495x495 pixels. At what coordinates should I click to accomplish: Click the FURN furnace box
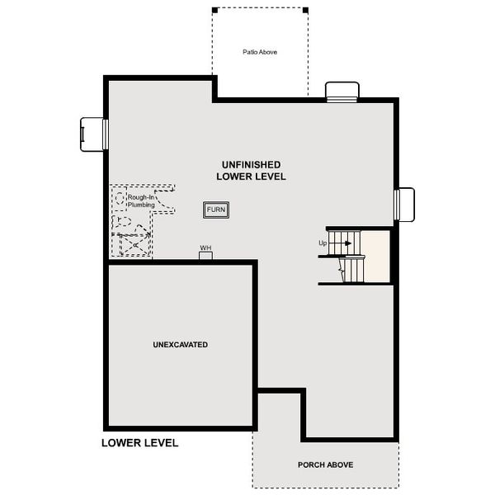point(216,210)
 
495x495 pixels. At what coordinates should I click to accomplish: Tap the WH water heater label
point(205,247)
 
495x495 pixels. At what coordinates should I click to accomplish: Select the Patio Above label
point(259,51)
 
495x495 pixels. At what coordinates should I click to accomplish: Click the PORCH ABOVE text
point(325,464)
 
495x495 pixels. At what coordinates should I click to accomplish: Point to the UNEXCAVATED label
point(180,344)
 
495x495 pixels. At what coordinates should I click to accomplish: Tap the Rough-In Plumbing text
point(141,200)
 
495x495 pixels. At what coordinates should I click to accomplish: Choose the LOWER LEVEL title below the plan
point(139,443)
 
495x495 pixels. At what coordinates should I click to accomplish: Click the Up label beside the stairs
point(323,243)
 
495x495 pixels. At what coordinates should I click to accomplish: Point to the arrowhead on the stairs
point(348,243)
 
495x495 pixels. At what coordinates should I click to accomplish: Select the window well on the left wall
point(93,134)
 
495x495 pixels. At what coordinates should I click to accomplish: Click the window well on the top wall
point(342,91)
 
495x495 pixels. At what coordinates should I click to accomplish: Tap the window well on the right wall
point(404,204)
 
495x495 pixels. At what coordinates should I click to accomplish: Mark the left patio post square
point(213,10)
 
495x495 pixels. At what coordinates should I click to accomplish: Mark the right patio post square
point(305,10)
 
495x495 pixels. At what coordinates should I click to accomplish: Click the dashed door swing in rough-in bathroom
point(165,202)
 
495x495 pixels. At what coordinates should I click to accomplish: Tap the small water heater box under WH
point(205,256)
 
